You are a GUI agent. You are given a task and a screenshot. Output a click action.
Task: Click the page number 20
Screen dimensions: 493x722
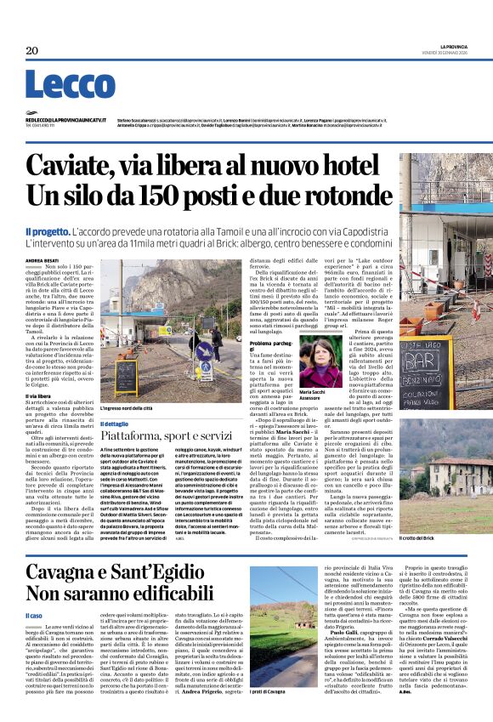pyautogui.click(x=32, y=51)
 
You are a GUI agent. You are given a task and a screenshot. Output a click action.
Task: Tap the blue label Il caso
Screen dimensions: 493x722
pyautogui.click(x=33, y=615)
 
